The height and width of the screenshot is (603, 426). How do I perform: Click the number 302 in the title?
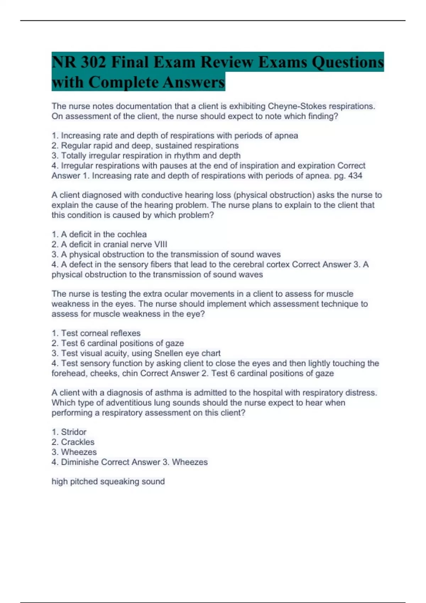[93, 62]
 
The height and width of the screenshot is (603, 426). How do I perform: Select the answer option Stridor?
[73, 432]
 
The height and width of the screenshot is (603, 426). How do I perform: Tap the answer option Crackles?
[77, 442]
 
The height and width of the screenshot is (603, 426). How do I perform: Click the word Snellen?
[167, 353]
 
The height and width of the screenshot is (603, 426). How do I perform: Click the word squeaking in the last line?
[120, 481]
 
